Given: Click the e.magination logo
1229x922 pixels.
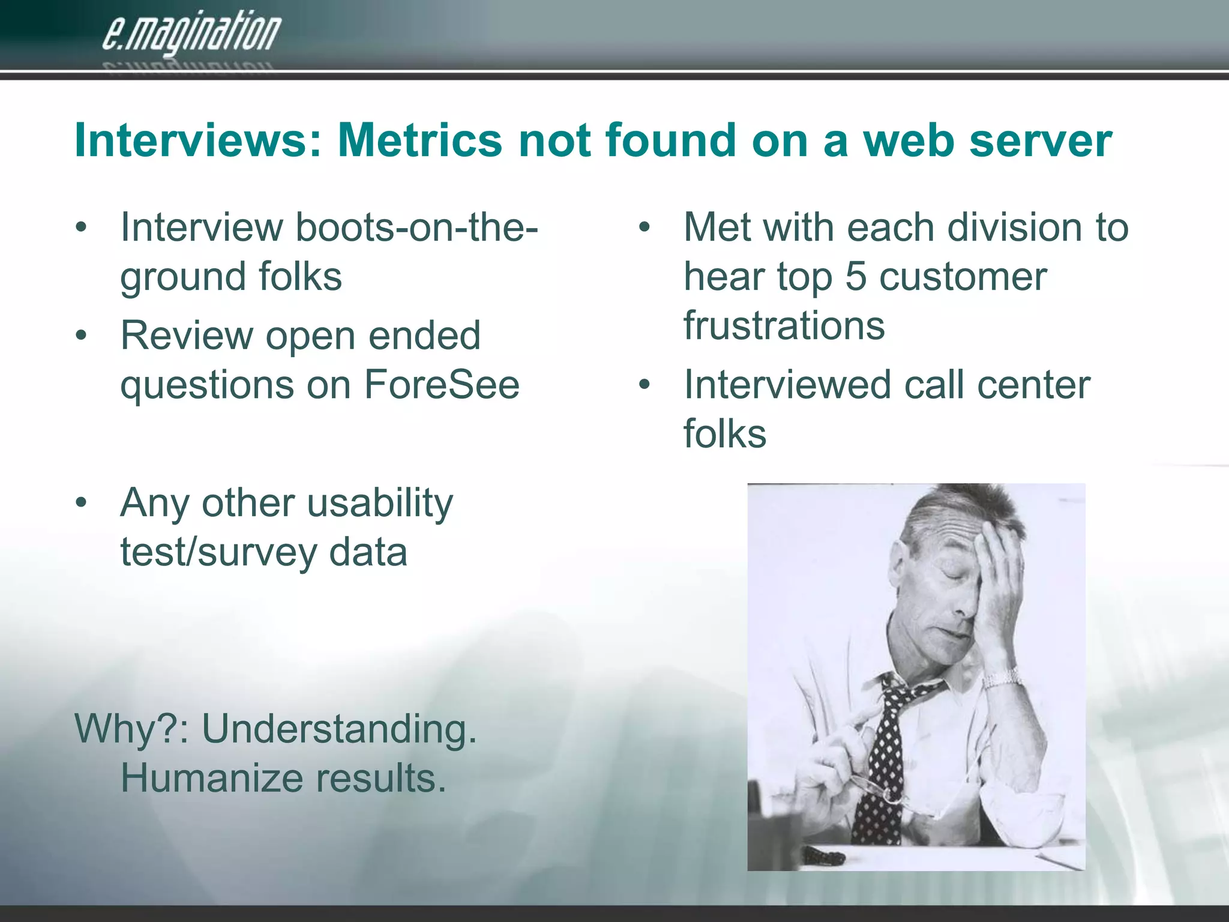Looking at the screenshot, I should tap(191, 34).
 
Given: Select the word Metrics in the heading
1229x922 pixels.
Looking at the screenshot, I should tap(419, 140).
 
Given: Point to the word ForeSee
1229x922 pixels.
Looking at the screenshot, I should tap(442, 385).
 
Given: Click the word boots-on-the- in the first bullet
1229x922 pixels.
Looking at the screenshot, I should tap(416, 227).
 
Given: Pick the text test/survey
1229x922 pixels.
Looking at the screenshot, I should tap(218, 552).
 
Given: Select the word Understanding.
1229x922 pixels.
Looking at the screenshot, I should tap(339, 729).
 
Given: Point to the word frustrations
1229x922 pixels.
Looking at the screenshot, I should tap(784, 325).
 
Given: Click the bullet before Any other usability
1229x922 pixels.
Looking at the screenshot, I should tap(82, 504).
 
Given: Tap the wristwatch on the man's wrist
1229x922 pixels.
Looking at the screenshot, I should tap(1001, 679).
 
